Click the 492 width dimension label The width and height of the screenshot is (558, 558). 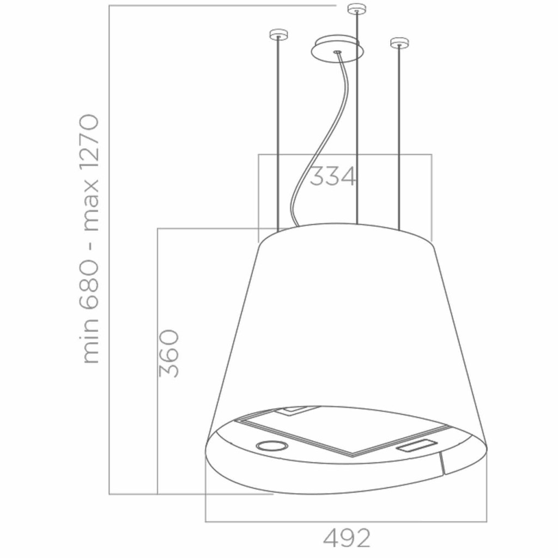pos(347,538)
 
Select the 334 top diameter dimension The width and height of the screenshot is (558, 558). pos(333,176)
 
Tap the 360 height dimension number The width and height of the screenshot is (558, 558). pos(168,353)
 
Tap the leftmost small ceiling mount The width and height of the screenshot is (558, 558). pos(279,34)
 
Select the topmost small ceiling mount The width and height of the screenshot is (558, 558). pos(357,8)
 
